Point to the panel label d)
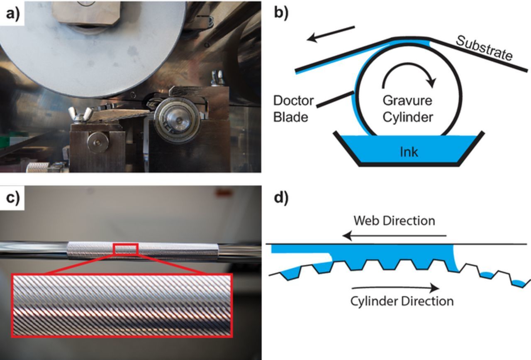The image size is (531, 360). [x=281, y=198]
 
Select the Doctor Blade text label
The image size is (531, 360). [x=293, y=109]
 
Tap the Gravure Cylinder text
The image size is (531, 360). [x=407, y=109]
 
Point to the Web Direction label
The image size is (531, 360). [x=394, y=220]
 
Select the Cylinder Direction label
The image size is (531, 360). [x=402, y=301]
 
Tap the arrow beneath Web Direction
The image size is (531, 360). [x=394, y=236]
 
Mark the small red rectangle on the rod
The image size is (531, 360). [x=126, y=249]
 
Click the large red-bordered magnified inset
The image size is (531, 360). [x=122, y=305]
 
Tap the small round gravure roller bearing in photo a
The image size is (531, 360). [x=177, y=120]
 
